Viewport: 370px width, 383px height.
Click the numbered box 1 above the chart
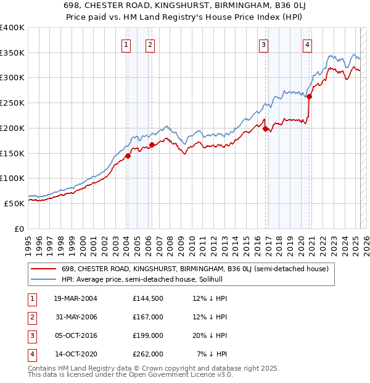pos(126,44)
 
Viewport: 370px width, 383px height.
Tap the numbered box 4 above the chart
pos(307,44)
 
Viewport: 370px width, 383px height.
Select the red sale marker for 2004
pos(128,156)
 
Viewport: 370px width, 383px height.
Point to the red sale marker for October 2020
pos(309,96)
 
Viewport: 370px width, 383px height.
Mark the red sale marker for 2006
pos(152,145)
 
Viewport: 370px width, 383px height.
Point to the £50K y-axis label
pos(14,203)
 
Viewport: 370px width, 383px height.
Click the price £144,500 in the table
pos(147,299)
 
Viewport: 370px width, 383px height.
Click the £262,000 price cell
pos(147,354)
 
